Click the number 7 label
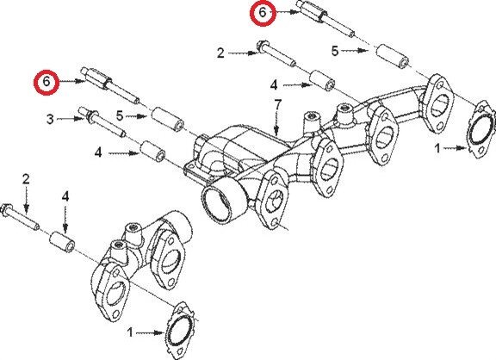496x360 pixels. [x=277, y=105]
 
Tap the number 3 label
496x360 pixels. [x=50, y=119]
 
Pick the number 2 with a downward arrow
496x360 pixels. [x=26, y=179]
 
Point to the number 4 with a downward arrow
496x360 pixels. [x=65, y=196]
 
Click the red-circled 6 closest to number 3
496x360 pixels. [x=46, y=82]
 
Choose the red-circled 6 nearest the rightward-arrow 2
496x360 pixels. [x=263, y=13]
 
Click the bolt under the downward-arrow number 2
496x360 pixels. [x=20, y=217]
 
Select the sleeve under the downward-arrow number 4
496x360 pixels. [x=62, y=242]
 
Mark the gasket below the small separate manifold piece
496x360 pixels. [x=181, y=331]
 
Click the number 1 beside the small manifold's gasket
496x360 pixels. [x=130, y=332]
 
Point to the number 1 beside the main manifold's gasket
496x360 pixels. [x=437, y=148]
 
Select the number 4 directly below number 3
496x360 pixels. [x=98, y=153]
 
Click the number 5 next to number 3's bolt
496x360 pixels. [x=120, y=115]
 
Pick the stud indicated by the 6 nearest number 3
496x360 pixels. [x=110, y=84]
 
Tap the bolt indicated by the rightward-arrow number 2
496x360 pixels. [x=276, y=53]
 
